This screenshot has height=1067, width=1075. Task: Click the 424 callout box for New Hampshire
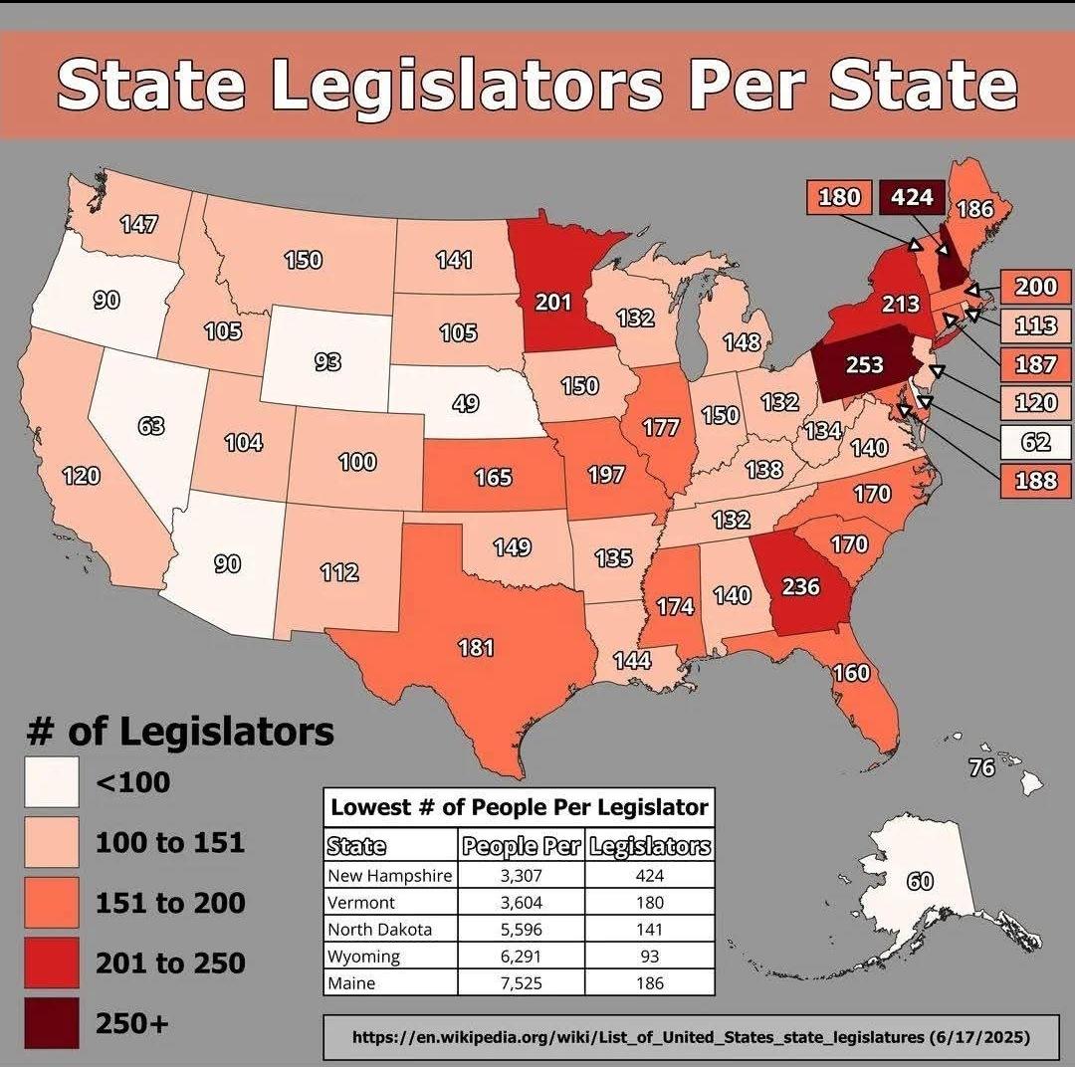pos(912,197)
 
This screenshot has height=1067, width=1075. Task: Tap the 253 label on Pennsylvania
pos(864,364)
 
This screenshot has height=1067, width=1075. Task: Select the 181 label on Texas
pos(476,648)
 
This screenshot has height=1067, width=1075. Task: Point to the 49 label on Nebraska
pos(465,403)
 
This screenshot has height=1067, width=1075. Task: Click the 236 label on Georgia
pos(800,586)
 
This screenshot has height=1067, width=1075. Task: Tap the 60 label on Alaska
pos(921,881)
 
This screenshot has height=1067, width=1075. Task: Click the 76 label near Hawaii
pos(981,767)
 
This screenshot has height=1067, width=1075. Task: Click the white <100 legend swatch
pos(51,782)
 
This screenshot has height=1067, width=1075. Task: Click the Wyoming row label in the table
pos(364,957)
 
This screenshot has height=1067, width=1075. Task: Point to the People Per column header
pos(522,847)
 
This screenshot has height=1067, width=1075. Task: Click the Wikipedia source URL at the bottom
pos(691,1037)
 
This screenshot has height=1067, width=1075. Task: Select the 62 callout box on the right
pos(1035,440)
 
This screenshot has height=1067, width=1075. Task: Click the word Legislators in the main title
pos(468,86)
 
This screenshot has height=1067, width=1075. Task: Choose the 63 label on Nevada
pos(151,427)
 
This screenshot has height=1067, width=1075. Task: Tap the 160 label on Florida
pos(851,673)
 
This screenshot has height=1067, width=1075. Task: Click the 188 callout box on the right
pos(1035,480)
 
